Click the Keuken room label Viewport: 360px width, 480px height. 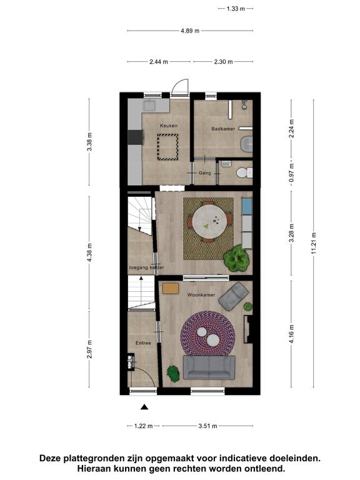pyautogui.click(x=168, y=126)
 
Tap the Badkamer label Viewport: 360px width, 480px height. pyautogui.click(x=223, y=129)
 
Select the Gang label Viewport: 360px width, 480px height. pyautogui.click(x=204, y=173)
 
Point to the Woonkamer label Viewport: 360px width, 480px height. pyautogui.click(x=201, y=295)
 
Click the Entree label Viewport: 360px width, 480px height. pyautogui.click(x=143, y=343)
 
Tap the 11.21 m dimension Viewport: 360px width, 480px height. pyautogui.click(x=314, y=244)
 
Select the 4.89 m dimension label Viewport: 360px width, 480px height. pyautogui.click(x=190, y=31)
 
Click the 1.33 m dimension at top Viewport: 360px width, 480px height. pyautogui.click(x=236, y=9)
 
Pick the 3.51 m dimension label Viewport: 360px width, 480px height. pyautogui.click(x=207, y=426)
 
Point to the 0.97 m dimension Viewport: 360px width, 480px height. pyautogui.click(x=291, y=172)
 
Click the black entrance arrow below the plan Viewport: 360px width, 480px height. pyautogui.click(x=144, y=407)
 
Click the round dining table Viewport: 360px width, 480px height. pyautogui.click(x=210, y=220)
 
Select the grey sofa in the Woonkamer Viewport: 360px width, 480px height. pyautogui.click(x=209, y=367)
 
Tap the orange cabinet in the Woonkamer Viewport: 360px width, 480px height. pyautogui.click(x=171, y=289)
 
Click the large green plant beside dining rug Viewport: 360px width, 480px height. pyautogui.click(x=236, y=258)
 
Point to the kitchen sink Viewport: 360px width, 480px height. pyautogui.click(x=150, y=106)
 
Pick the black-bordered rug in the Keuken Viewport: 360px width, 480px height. pyautogui.click(x=167, y=147)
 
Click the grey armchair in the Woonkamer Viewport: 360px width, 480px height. pyautogui.click(x=234, y=296)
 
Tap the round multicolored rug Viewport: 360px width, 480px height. pyautogui.click(x=208, y=334)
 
